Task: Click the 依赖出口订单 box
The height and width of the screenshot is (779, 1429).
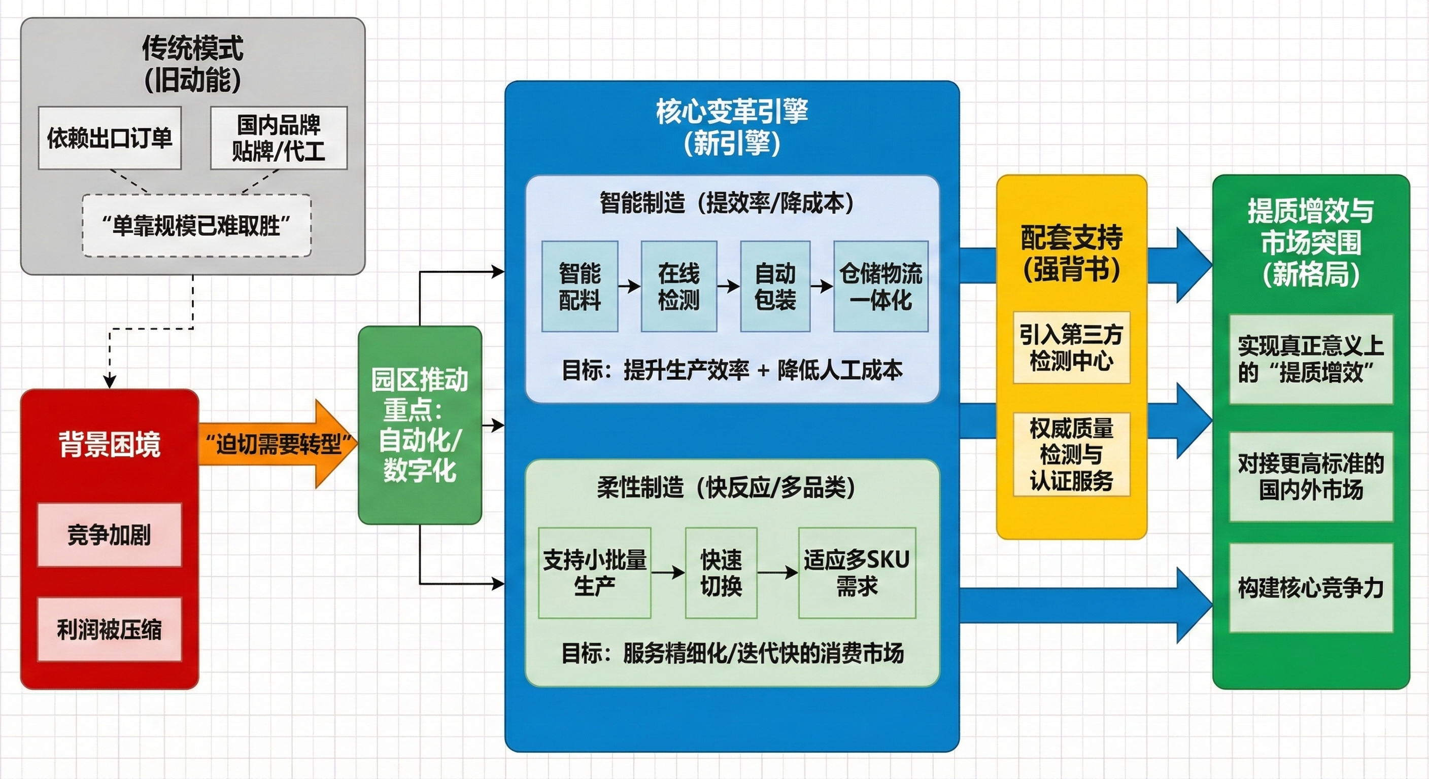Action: click(x=109, y=138)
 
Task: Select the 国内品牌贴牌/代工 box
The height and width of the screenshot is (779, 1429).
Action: click(x=279, y=138)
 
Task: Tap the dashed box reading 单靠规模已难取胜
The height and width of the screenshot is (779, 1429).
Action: click(x=196, y=226)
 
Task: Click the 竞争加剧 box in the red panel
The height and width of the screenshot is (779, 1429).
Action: click(x=109, y=535)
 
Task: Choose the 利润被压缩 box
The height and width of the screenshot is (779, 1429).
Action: click(x=109, y=629)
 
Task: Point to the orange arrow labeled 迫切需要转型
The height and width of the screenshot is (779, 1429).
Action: click(x=278, y=444)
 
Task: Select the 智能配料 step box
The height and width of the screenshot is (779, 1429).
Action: click(x=580, y=287)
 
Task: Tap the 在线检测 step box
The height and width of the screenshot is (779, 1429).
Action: click(x=678, y=287)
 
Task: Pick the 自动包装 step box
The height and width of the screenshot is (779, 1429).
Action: click(x=775, y=287)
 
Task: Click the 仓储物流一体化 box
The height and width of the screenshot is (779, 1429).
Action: click(x=880, y=287)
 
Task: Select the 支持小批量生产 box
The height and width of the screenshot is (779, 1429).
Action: click(x=594, y=573)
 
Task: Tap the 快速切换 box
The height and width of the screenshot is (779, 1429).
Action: click(x=721, y=573)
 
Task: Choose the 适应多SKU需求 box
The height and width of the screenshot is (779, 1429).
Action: click(x=857, y=573)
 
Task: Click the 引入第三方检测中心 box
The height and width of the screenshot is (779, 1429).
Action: click(x=1071, y=347)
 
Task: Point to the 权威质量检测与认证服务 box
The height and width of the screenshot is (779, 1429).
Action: click(x=1071, y=454)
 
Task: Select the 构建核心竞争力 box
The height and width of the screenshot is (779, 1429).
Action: click(x=1311, y=588)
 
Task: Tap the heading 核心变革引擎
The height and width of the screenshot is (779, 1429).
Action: click(x=732, y=112)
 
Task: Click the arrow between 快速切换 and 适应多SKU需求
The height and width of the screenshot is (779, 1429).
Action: click(x=778, y=572)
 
